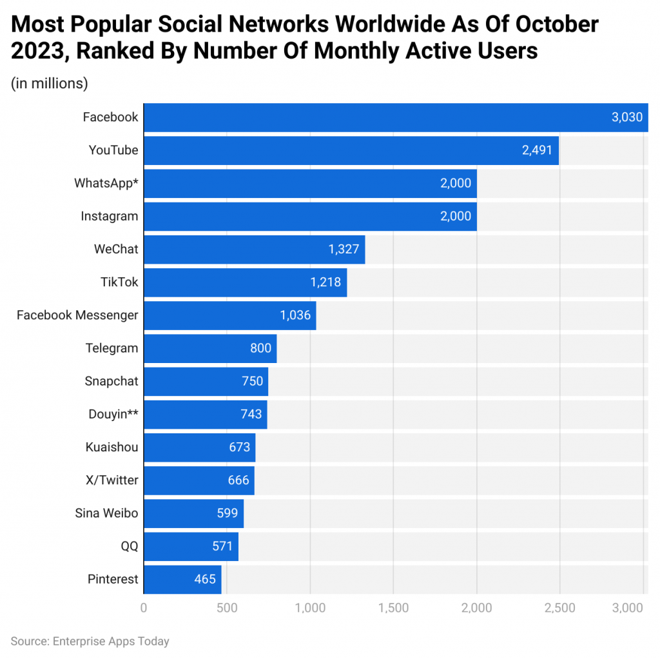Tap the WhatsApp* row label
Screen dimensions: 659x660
click(106, 183)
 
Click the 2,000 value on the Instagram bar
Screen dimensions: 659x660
click(456, 217)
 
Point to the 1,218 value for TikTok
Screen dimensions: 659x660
click(325, 282)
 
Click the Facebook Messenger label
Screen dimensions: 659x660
click(77, 315)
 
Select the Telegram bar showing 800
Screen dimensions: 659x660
click(209, 348)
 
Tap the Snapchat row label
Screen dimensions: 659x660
click(112, 381)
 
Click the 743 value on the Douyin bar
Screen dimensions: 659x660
click(251, 414)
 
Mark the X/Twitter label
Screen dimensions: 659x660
click(112, 480)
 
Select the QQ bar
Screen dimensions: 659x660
click(190, 546)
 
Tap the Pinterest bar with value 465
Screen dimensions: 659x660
click(182, 579)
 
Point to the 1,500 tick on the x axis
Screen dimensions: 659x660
click(393, 607)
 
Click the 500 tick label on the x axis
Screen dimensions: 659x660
click(227, 607)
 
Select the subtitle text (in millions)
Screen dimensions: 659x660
click(50, 83)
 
